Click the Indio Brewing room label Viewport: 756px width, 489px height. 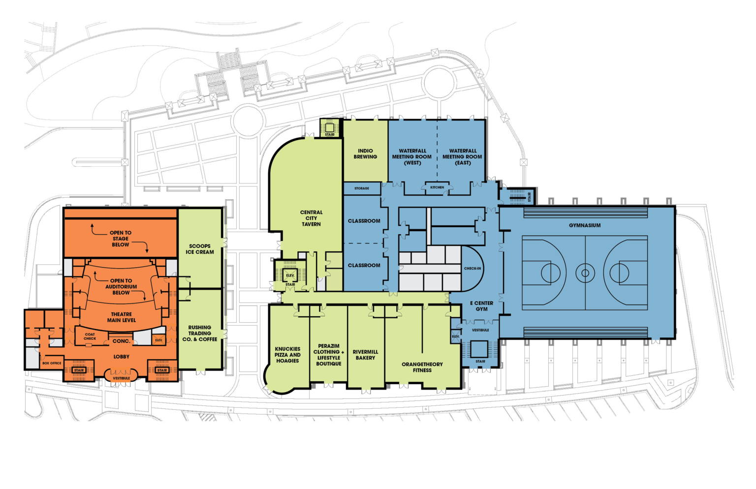pyautogui.click(x=365, y=154)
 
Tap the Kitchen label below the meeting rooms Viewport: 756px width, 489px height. pyautogui.click(x=437, y=187)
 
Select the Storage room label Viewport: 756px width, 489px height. pyautogui.click(x=361, y=188)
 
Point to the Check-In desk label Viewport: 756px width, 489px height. pyautogui.click(x=472, y=269)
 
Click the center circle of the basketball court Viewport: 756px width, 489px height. pyautogui.click(x=585, y=273)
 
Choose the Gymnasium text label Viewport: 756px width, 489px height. pyautogui.click(x=585, y=225)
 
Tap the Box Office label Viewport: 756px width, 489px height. pyautogui.click(x=52, y=363)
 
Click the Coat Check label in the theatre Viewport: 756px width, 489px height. pyautogui.click(x=90, y=336)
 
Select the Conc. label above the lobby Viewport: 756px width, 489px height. pyautogui.click(x=121, y=341)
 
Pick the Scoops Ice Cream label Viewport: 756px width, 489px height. pyautogui.click(x=199, y=249)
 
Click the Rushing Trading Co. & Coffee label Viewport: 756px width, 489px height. pyautogui.click(x=199, y=333)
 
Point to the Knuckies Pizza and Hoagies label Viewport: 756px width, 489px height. pyautogui.click(x=287, y=355)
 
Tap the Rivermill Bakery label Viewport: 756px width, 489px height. pyautogui.click(x=365, y=355)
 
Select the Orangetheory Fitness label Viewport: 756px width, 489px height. pyautogui.click(x=422, y=367)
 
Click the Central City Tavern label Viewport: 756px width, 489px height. pyautogui.click(x=311, y=218)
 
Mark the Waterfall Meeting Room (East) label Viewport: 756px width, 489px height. pyautogui.click(x=462, y=157)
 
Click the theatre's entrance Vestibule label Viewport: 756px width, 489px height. pyautogui.click(x=121, y=378)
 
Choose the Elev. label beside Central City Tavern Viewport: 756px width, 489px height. pyautogui.click(x=290, y=275)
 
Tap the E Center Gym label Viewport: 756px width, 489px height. pyautogui.click(x=482, y=306)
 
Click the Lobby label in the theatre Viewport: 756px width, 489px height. pyautogui.click(x=121, y=357)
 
